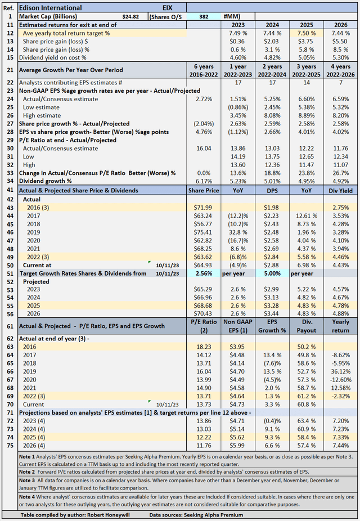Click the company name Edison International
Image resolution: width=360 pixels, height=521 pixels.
[x=51, y=8]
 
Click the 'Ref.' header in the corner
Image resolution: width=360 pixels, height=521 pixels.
[x=8, y=8]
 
